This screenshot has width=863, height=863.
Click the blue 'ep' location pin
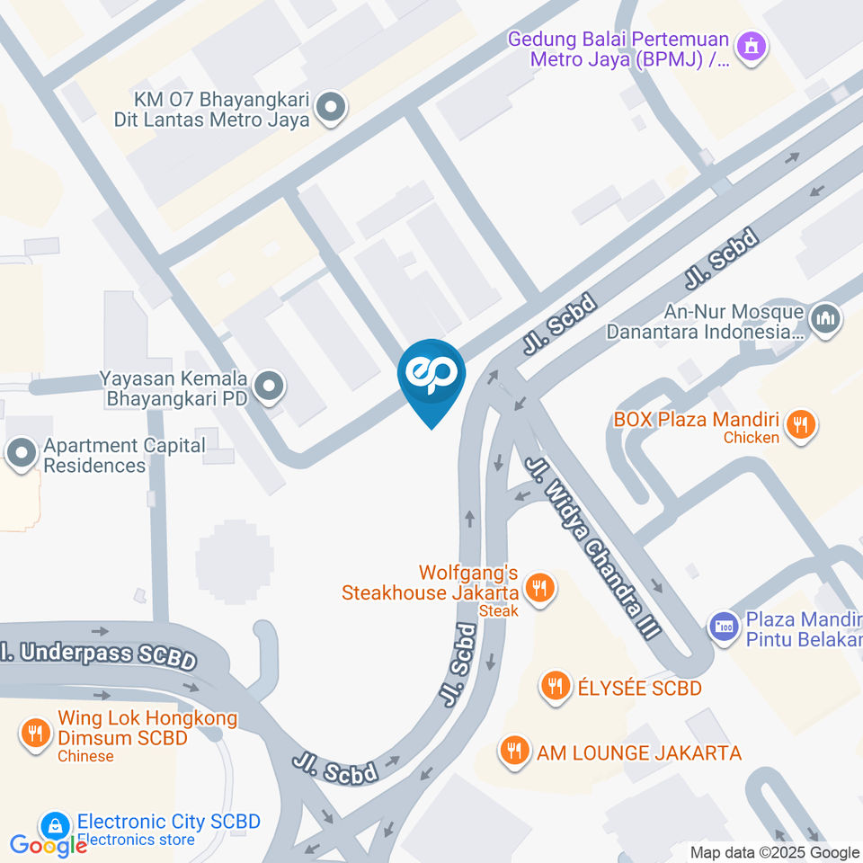[431, 376]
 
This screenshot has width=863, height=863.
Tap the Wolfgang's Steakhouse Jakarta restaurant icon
[540, 589]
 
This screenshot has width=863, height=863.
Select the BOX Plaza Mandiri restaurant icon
[799, 424]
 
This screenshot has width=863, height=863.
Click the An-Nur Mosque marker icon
[824, 319]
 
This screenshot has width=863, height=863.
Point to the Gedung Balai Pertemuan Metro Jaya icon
[752, 45]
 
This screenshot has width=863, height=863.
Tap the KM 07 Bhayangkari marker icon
[332, 109]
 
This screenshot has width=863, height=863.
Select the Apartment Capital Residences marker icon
[22, 455]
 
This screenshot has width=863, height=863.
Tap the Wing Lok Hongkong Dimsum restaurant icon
[35, 733]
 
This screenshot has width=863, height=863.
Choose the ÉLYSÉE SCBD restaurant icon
[555, 687]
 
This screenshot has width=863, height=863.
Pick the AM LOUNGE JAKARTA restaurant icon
[514, 750]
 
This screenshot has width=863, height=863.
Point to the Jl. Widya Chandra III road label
[592, 547]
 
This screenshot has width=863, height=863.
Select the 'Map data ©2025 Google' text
[774, 852]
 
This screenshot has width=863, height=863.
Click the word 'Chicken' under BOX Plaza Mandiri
[751, 438]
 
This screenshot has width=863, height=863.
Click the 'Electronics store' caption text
[136, 840]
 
